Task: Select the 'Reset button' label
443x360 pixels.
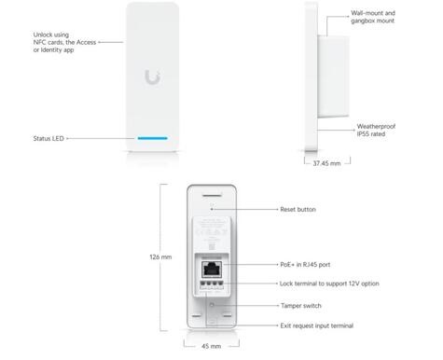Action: [300, 211]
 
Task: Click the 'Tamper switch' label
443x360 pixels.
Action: [303, 305]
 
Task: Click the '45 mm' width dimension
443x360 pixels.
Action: [212, 346]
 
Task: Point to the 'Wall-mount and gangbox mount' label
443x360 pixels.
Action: [374, 19]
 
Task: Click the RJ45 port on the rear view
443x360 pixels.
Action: [213, 267]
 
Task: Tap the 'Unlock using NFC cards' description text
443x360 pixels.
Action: [64, 42]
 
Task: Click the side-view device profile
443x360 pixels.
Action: [318, 80]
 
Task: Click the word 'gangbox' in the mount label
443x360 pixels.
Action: [367, 23]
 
